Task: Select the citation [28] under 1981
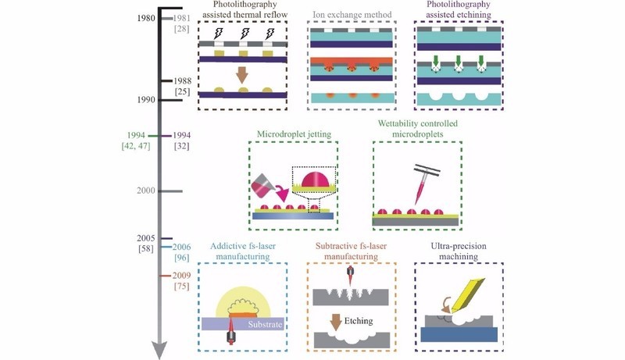[181, 29]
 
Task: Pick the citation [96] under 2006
[181, 258]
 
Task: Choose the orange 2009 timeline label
[181, 276]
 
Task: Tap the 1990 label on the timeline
[145, 100]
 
